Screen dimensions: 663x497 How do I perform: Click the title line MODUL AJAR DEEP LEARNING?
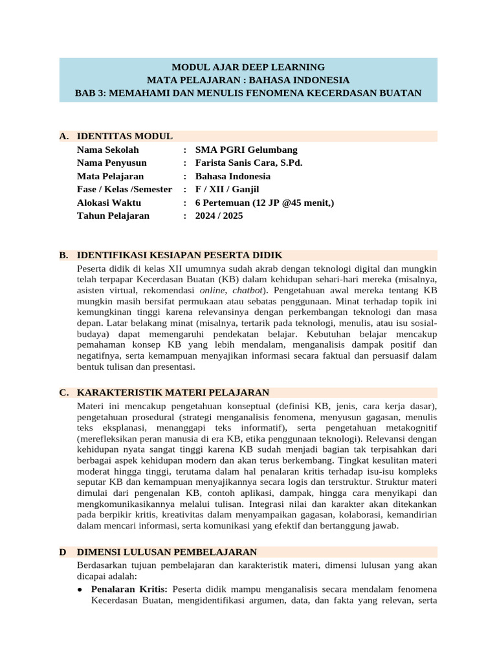pyautogui.click(x=248, y=67)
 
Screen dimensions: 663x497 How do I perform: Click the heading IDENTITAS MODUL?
pyautogui.click(x=124, y=136)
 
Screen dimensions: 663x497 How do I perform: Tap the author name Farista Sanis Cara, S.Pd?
pyautogui.click(x=248, y=163)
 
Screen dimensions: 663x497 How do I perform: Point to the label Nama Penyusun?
pyautogui.click(x=111, y=163)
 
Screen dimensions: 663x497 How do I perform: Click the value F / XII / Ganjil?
pyautogui.click(x=227, y=189)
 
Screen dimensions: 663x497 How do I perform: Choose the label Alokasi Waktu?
pyautogui.click(x=108, y=203)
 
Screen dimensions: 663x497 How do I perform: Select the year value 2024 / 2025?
pyautogui.click(x=219, y=216)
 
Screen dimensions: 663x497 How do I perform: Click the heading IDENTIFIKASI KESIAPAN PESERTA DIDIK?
pyautogui.click(x=179, y=255)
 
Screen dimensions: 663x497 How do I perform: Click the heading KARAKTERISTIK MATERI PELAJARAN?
pyautogui.click(x=173, y=392)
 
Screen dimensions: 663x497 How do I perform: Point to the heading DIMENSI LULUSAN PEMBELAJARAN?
pyautogui.click(x=167, y=552)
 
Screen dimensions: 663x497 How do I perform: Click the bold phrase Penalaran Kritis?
pyautogui.click(x=129, y=589)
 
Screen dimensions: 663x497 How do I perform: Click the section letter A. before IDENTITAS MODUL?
pyautogui.click(x=63, y=136)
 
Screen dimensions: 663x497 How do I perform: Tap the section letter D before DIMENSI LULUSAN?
pyautogui.click(x=63, y=552)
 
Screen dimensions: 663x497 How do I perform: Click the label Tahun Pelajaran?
pyautogui.click(x=113, y=216)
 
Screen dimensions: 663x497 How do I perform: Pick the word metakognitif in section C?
pyautogui.click(x=408, y=429)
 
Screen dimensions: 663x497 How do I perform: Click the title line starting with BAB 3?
pyautogui.click(x=248, y=93)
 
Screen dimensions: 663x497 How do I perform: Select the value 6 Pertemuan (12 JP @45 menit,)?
pyautogui.click(x=265, y=203)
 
